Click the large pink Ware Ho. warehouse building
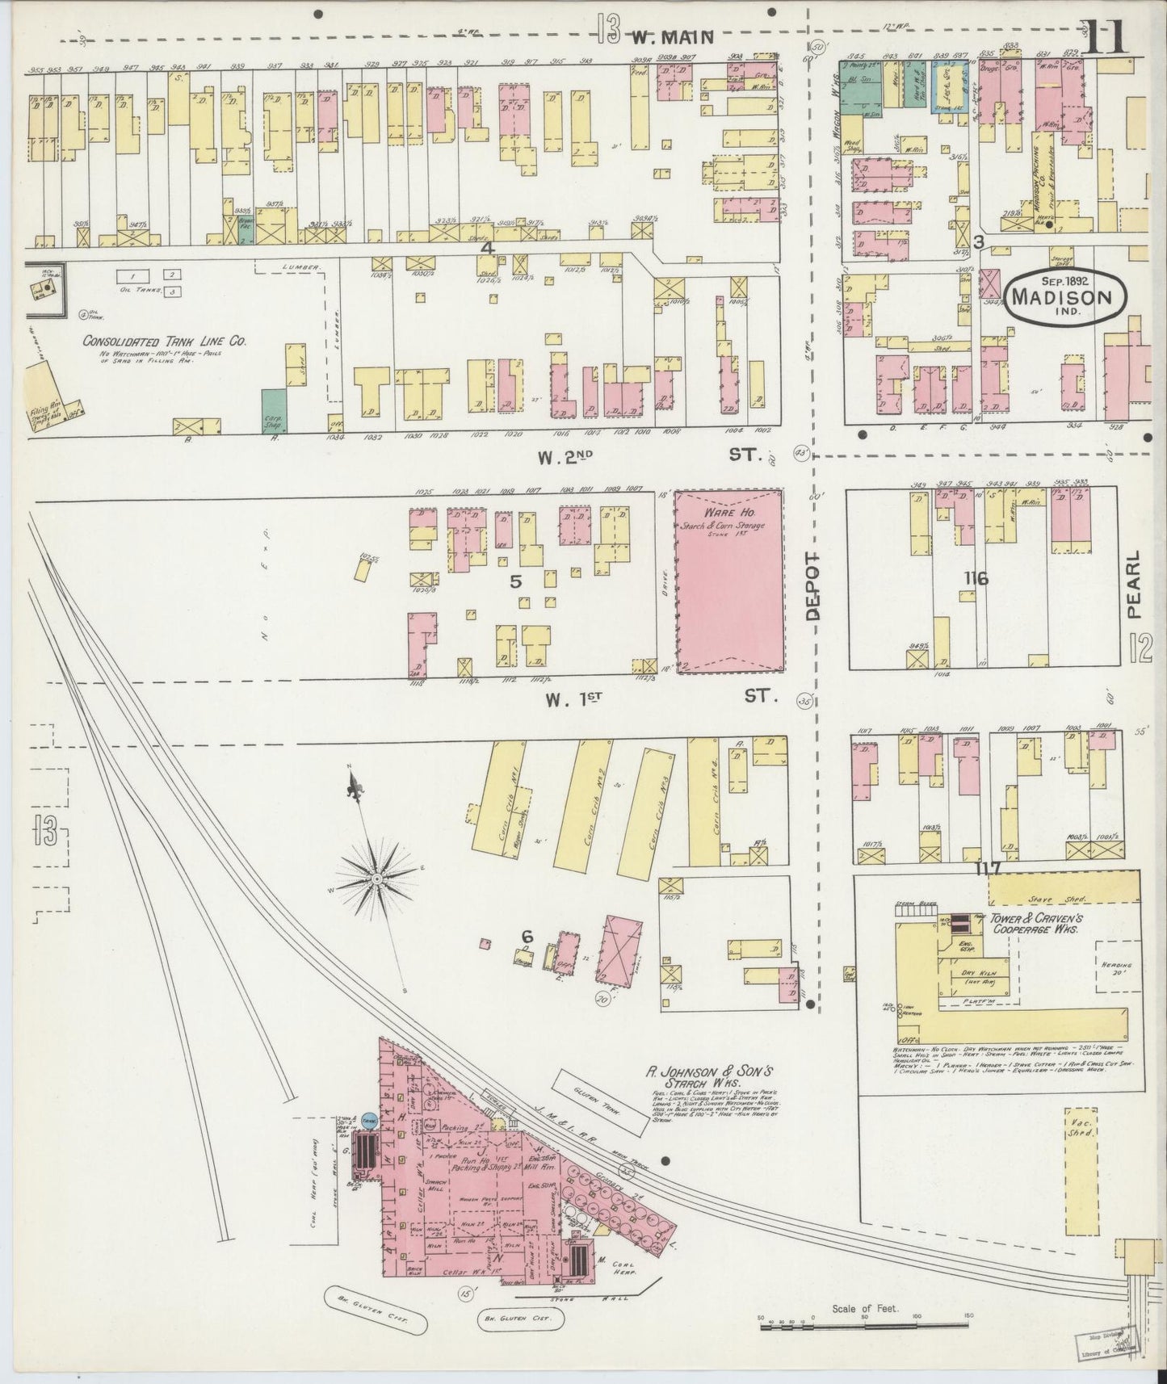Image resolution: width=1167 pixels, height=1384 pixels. (728, 581)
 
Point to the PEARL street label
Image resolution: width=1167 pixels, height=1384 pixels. (1136, 585)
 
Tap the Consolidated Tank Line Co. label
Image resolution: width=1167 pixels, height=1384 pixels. (165, 342)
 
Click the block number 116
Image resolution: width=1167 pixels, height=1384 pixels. (975, 578)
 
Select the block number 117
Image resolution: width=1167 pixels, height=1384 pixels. (987, 869)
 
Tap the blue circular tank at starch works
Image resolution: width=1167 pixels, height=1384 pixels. (368, 1120)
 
